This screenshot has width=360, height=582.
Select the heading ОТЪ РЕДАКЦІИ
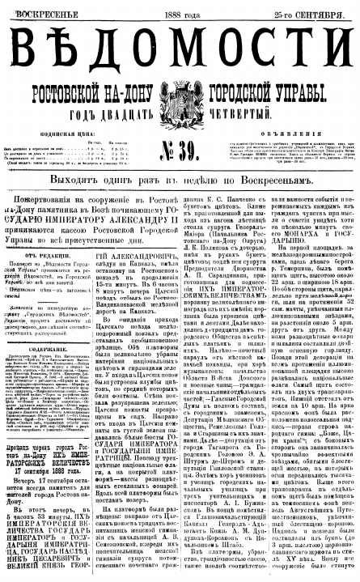[40, 252]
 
